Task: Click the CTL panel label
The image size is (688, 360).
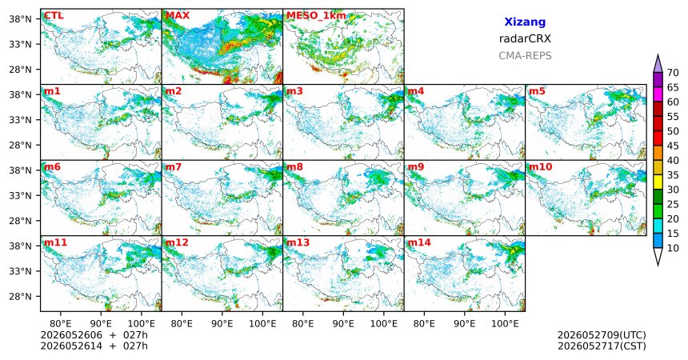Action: coord(54,16)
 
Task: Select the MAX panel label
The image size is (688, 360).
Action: coord(178,16)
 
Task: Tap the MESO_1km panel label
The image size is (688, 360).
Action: coord(316,16)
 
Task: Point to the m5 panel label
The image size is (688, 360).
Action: coord(537,91)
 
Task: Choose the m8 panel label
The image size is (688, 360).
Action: coord(294,167)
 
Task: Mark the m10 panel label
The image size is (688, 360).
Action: coord(540,167)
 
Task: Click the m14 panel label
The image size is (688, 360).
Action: coord(419,242)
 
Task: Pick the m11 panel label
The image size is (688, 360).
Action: coord(55,242)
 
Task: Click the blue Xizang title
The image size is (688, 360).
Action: coord(525,22)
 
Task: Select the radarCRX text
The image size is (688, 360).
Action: coord(525,38)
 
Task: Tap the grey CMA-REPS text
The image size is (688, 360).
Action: coord(525,56)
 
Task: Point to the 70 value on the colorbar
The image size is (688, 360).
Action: coord(673,73)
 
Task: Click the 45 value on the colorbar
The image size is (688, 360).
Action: coord(673,146)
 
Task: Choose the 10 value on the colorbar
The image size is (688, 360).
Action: coord(673,248)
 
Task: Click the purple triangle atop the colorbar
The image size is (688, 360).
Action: coord(658,63)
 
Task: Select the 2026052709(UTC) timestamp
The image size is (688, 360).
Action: coord(602,335)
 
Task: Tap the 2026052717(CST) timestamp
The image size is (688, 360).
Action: coord(602,346)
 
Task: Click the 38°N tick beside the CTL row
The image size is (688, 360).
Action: coord(20,19)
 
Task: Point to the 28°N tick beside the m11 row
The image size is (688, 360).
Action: coord(20,296)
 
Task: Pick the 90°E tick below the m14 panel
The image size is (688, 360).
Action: coord(465,323)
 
